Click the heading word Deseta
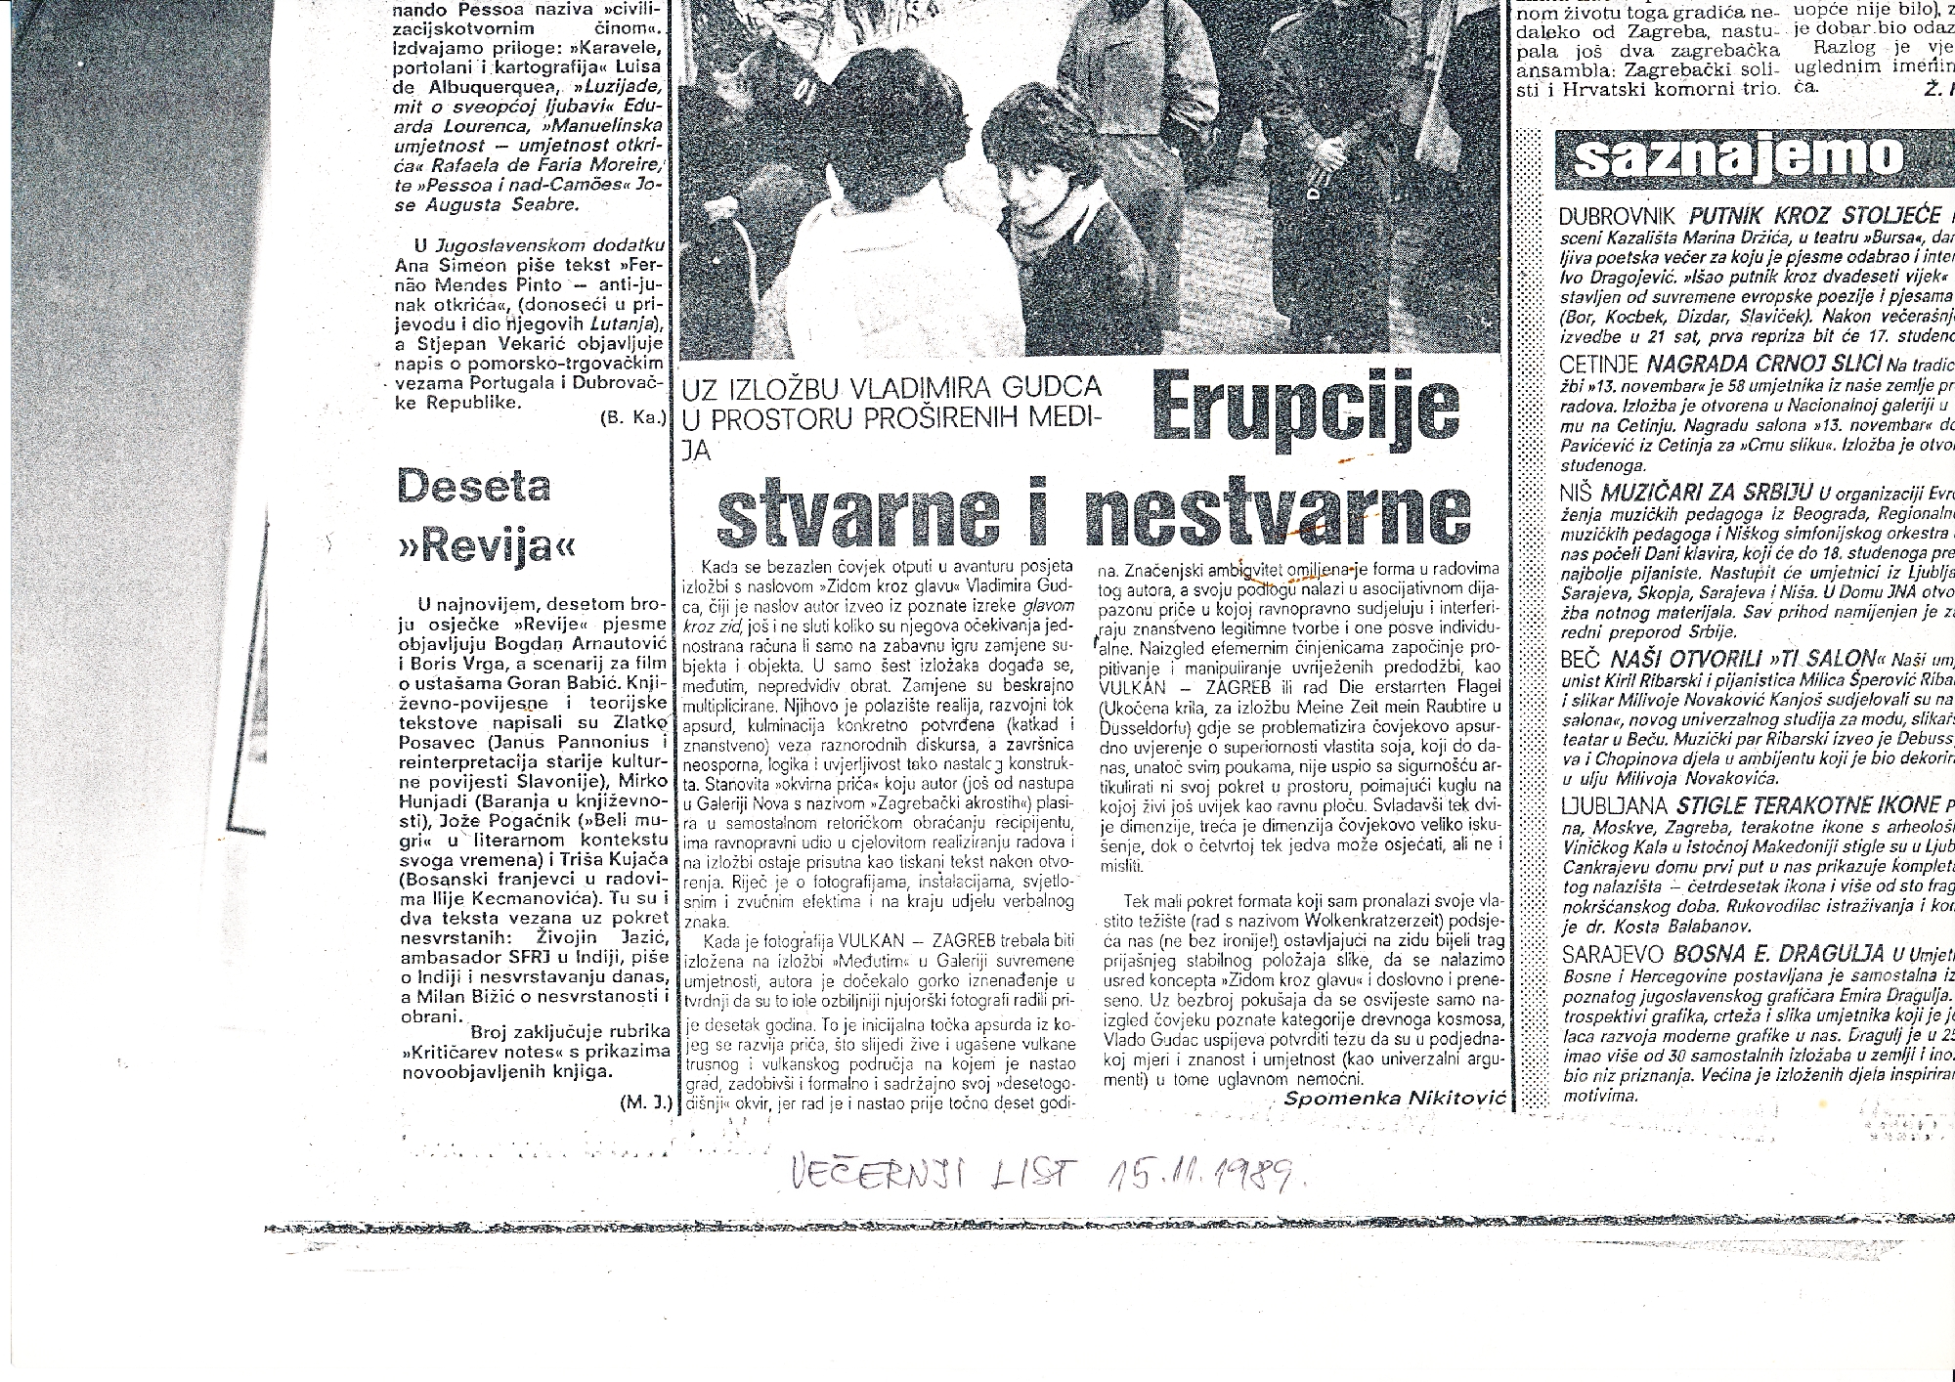(473, 486)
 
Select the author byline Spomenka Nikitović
(1394, 1098)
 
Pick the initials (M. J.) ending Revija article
(645, 1102)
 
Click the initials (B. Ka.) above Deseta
(632, 419)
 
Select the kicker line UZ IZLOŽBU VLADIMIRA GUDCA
(891, 388)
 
